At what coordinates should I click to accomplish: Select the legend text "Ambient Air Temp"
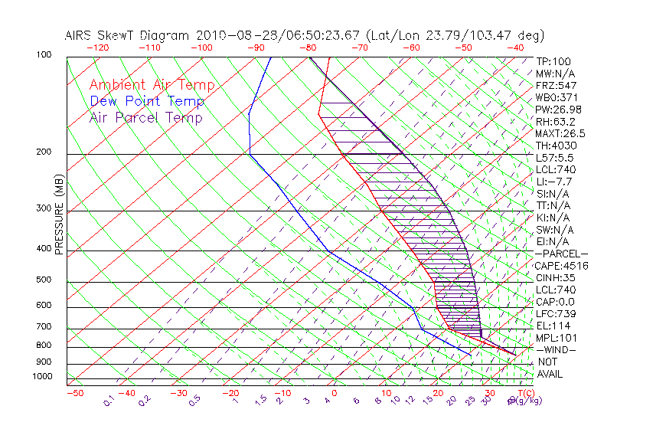(x=152, y=85)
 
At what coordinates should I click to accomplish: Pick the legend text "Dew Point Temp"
(x=147, y=101)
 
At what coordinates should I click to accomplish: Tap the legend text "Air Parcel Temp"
(x=145, y=117)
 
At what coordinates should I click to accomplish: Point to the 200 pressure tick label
(x=45, y=152)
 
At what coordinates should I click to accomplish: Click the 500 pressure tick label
(x=45, y=280)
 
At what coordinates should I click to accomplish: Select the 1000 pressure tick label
(x=43, y=376)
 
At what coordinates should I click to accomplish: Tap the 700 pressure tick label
(x=45, y=327)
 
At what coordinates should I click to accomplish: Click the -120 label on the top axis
(x=97, y=47)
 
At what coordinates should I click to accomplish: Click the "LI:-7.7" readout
(x=554, y=182)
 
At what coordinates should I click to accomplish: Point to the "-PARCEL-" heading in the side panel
(x=561, y=254)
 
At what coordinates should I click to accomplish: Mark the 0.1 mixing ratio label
(x=109, y=400)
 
